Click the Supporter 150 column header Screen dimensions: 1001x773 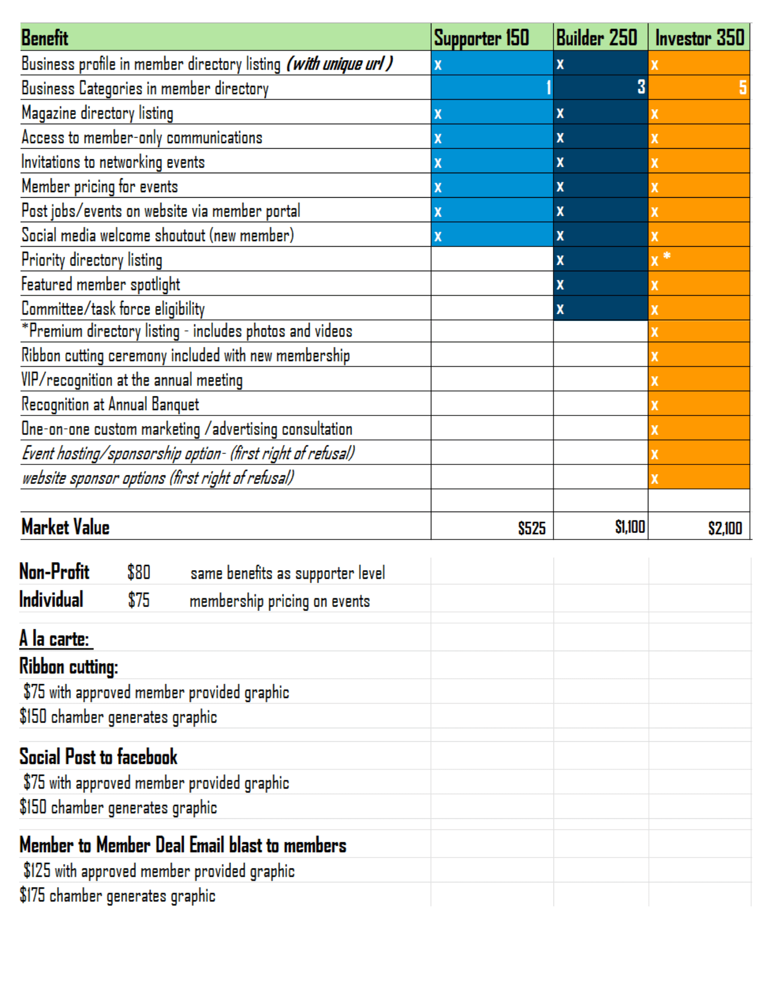click(481, 38)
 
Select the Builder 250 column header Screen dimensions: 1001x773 click(596, 38)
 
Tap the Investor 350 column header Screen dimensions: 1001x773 click(699, 38)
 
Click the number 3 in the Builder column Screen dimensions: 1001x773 click(641, 87)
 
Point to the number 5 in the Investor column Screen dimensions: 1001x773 click(743, 88)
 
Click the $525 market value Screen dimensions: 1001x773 click(531, 528)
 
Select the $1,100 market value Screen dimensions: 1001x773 click(629, 527)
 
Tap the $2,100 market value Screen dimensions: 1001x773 click(725, 528)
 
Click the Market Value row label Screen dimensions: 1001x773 click(66, 527)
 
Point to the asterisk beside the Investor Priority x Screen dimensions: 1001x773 click(667, 256)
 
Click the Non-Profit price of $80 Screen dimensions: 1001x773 click(139, 572)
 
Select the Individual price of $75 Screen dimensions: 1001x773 click(139, 600)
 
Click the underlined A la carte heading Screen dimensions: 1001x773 click(55, 639)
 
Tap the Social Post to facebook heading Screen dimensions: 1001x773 click(99, 757)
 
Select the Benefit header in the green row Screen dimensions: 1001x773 click(45, 38)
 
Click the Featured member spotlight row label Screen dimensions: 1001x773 click(101, 284)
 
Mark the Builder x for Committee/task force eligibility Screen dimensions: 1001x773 click(560, 309)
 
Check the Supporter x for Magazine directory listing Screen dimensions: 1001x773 click(438, 114)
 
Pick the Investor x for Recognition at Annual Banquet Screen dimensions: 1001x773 click(654, 405)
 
